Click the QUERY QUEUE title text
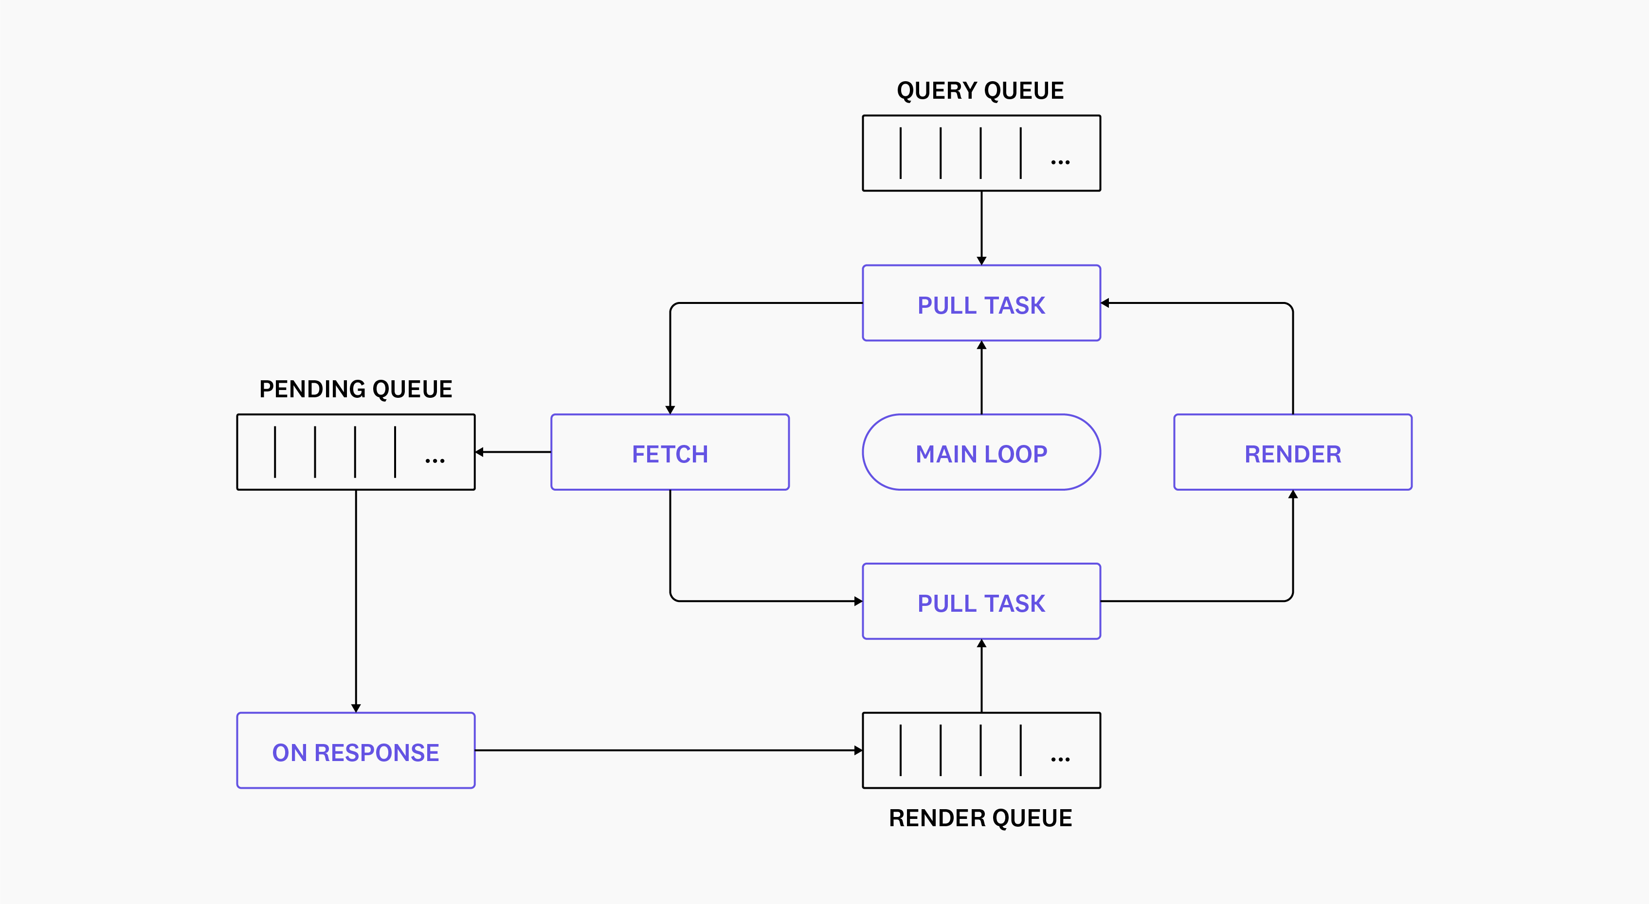click(980, 91)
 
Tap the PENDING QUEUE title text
click(355, 389)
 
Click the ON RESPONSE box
click(355, 751)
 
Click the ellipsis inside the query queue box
click(1060, 162)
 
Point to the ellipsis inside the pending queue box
click(435, 461)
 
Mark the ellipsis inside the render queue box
click(1060, 760)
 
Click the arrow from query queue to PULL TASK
click(981, 227)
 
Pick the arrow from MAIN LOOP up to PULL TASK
click(981, 377)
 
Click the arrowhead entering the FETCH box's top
click(670, 409)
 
